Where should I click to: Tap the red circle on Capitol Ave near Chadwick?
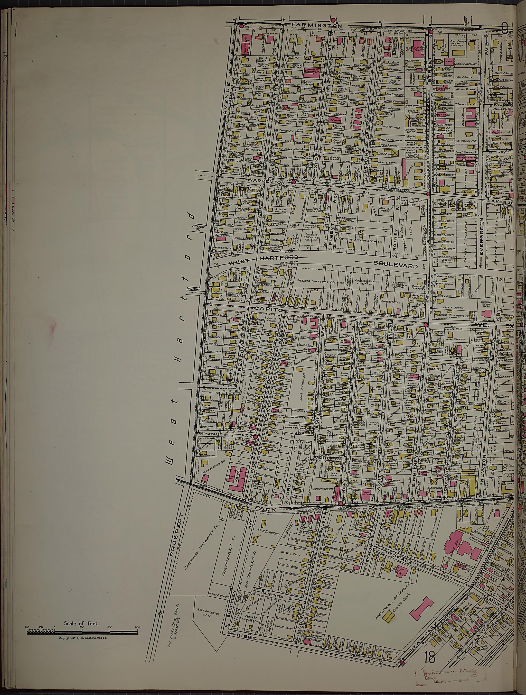coord(426,325)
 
